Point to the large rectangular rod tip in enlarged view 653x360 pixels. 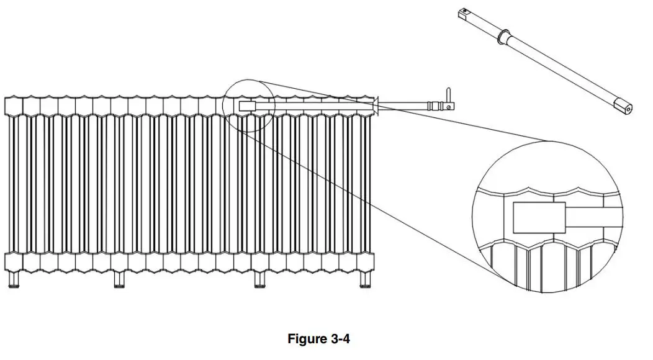click(539, 217)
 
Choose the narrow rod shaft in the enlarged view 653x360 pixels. click(593, 217)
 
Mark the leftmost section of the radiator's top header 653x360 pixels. click(14, 106)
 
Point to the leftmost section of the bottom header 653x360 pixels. click(14, 263)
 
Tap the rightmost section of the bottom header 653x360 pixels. click(365, 263)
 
